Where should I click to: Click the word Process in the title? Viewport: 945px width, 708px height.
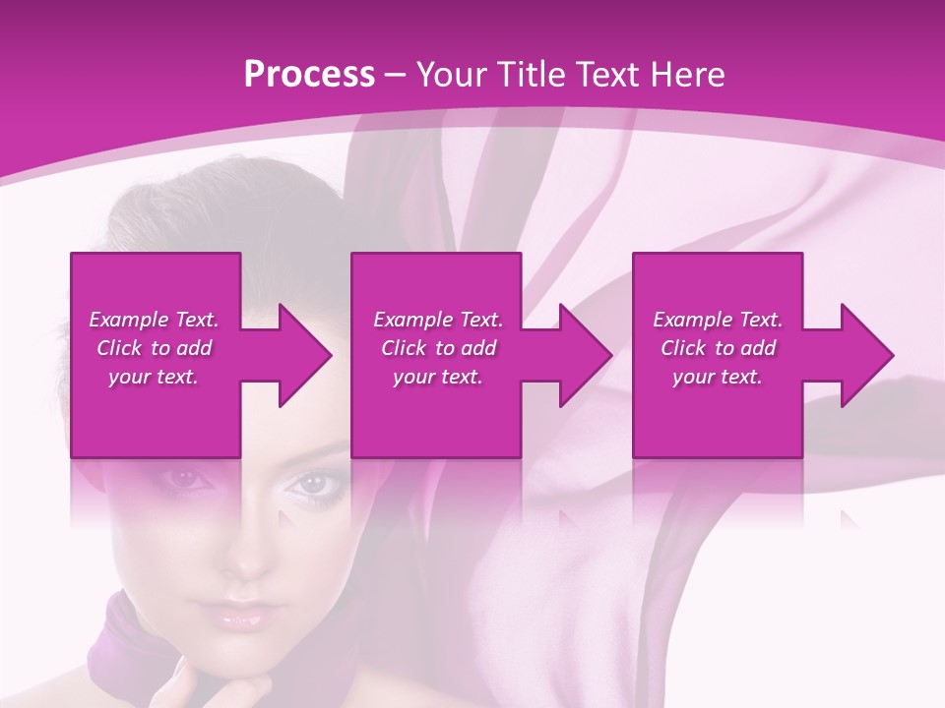[309, 75]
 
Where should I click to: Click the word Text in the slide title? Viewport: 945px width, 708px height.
[607, 75]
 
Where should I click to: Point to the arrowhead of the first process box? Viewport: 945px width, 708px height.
[304, 355]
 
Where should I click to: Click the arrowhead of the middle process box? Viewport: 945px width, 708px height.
[586, 355]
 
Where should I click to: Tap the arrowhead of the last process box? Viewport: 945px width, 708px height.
[867, 355]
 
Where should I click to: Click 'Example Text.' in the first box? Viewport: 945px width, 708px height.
[154, 320]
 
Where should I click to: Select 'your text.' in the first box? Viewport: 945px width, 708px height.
[154, 377]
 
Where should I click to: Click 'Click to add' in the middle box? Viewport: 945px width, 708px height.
[438, 348]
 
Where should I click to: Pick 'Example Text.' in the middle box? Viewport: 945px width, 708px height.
[438, 320]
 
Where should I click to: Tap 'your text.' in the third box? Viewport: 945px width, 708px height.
[718, 377]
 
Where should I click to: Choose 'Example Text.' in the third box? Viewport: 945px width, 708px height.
[718, 320]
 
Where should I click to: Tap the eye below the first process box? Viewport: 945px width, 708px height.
[185, 479]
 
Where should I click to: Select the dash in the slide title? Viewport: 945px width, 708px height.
[395, 75]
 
